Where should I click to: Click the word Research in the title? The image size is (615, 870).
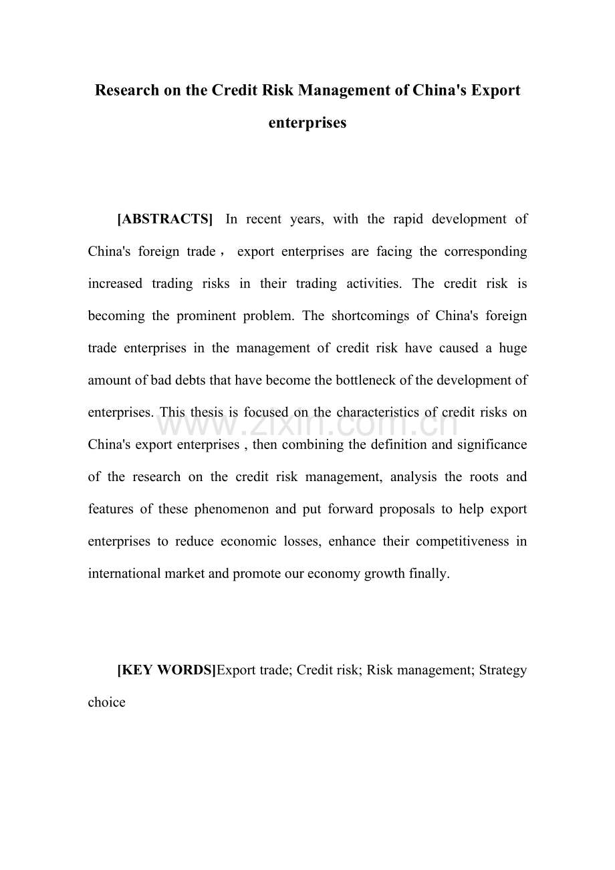[x=128, y=90]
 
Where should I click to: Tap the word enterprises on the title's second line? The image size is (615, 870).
[x=307, y=123]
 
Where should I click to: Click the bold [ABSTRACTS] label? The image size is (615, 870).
[x=165, y=219]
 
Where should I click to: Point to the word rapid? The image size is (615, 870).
[x=400, y=219]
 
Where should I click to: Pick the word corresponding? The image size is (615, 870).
[x=483, y=252]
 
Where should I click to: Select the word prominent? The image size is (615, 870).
[x=207, y=316]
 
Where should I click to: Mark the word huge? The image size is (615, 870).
[x=513, y=348]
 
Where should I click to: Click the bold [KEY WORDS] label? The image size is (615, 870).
[x=166, y=670]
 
